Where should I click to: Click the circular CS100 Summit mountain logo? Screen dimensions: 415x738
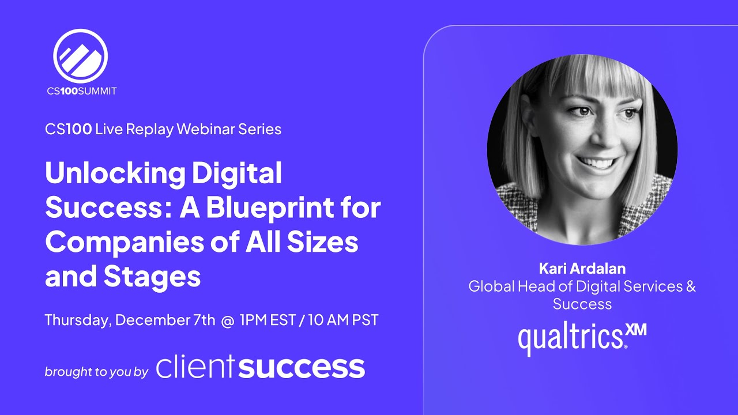click(80, 55)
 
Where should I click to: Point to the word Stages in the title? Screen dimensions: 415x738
click(152, 277)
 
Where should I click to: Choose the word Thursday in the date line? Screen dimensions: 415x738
click(77, 320)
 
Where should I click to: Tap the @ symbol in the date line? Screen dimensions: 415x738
click(227, 320)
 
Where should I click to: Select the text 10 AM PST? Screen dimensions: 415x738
click(343, 320)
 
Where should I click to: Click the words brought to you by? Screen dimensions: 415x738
click(96, 372)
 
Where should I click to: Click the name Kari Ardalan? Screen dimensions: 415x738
click(582, 268)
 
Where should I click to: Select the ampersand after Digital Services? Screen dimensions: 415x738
click(690, 286)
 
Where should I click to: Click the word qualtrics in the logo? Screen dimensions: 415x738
click(571, 339)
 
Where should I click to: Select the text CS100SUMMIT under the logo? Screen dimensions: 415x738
click(81, 90)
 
